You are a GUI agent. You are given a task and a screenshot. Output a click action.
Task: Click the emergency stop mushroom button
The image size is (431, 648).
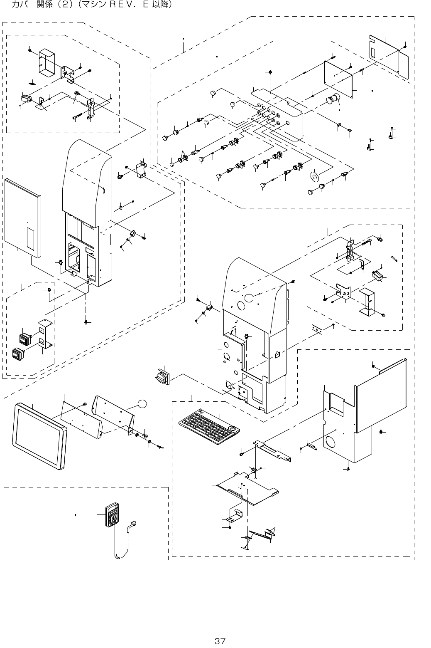click(x=333, y=100)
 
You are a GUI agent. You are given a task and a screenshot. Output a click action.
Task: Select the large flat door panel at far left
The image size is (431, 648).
click(x=23, y=216)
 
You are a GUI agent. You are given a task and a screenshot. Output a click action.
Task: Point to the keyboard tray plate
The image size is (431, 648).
click(x=247, y=487)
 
